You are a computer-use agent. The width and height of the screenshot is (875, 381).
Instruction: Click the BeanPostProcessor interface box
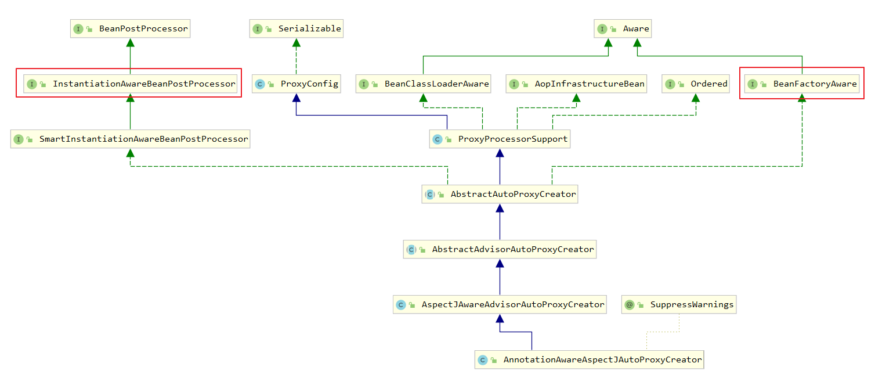tap(130, 28)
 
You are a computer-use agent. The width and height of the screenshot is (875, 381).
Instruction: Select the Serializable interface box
tap(296, 28)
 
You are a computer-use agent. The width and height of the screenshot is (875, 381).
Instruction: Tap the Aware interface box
tap(623, 28)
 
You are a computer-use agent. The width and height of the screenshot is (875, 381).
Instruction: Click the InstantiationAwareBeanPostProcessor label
tap(144, 84)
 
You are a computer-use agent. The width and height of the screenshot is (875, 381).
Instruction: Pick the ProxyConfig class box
tap(297, 84)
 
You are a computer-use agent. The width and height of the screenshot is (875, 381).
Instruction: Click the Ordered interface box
tap(696, 84)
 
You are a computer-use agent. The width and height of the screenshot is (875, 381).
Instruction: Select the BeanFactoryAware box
tap(802, 84)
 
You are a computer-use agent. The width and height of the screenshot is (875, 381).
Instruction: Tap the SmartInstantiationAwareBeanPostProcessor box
tap(130, 139)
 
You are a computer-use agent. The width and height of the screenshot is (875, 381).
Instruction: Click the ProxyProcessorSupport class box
tap(500, 139)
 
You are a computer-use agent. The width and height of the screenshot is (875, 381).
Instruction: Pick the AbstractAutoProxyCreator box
tap(500, 195)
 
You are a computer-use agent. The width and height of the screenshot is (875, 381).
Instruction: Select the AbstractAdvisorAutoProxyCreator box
tap(500, 250)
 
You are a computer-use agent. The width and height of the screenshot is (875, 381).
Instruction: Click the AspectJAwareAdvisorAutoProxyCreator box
tap(500, 305)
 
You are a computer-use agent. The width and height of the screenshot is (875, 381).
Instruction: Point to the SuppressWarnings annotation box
tap(679, 305)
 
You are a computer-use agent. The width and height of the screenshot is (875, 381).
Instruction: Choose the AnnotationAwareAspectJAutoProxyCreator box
tap(590, 360)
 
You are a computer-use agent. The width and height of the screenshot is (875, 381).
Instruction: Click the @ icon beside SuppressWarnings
tap(630, 305)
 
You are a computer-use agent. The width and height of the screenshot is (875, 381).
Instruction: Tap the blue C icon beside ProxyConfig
tap(260, 84)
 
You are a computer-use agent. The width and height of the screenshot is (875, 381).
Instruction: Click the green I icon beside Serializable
tap(258, 28)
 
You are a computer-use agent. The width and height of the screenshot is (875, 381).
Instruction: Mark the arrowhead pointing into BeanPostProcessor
tap(130, 43)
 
